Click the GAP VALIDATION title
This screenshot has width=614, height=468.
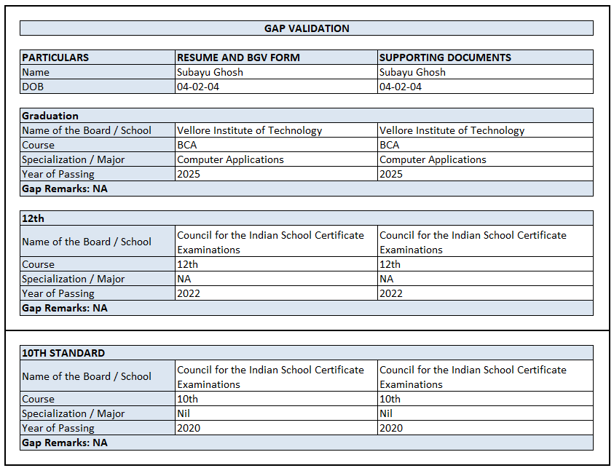(307, 28)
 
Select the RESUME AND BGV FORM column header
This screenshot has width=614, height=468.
(238, 57)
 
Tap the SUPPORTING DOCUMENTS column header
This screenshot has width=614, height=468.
(445, 57)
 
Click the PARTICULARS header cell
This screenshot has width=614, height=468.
(55, 57)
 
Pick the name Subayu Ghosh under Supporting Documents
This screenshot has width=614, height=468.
(412, 72)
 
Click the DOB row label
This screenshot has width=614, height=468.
(32, 87)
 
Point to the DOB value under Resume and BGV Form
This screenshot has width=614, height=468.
(198, 87)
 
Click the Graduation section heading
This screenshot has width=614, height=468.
(50, 116)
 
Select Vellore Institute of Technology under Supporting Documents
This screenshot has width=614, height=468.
(452, 130)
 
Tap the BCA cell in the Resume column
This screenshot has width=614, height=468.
(186, 145)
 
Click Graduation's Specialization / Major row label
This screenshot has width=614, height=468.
(73, 159)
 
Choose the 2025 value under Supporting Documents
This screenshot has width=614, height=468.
(391, 174)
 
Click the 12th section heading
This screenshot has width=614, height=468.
(34, 218)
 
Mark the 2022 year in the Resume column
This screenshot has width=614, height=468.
(189, 293)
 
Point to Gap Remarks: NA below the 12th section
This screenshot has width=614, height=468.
(64, 308)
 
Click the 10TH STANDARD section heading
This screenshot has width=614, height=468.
(63, 353)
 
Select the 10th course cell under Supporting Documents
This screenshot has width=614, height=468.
(390, 399)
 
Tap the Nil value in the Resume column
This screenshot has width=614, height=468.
(184, 413)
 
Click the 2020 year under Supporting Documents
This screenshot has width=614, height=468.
(391, 428)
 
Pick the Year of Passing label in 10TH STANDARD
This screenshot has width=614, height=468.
(58, 428)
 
